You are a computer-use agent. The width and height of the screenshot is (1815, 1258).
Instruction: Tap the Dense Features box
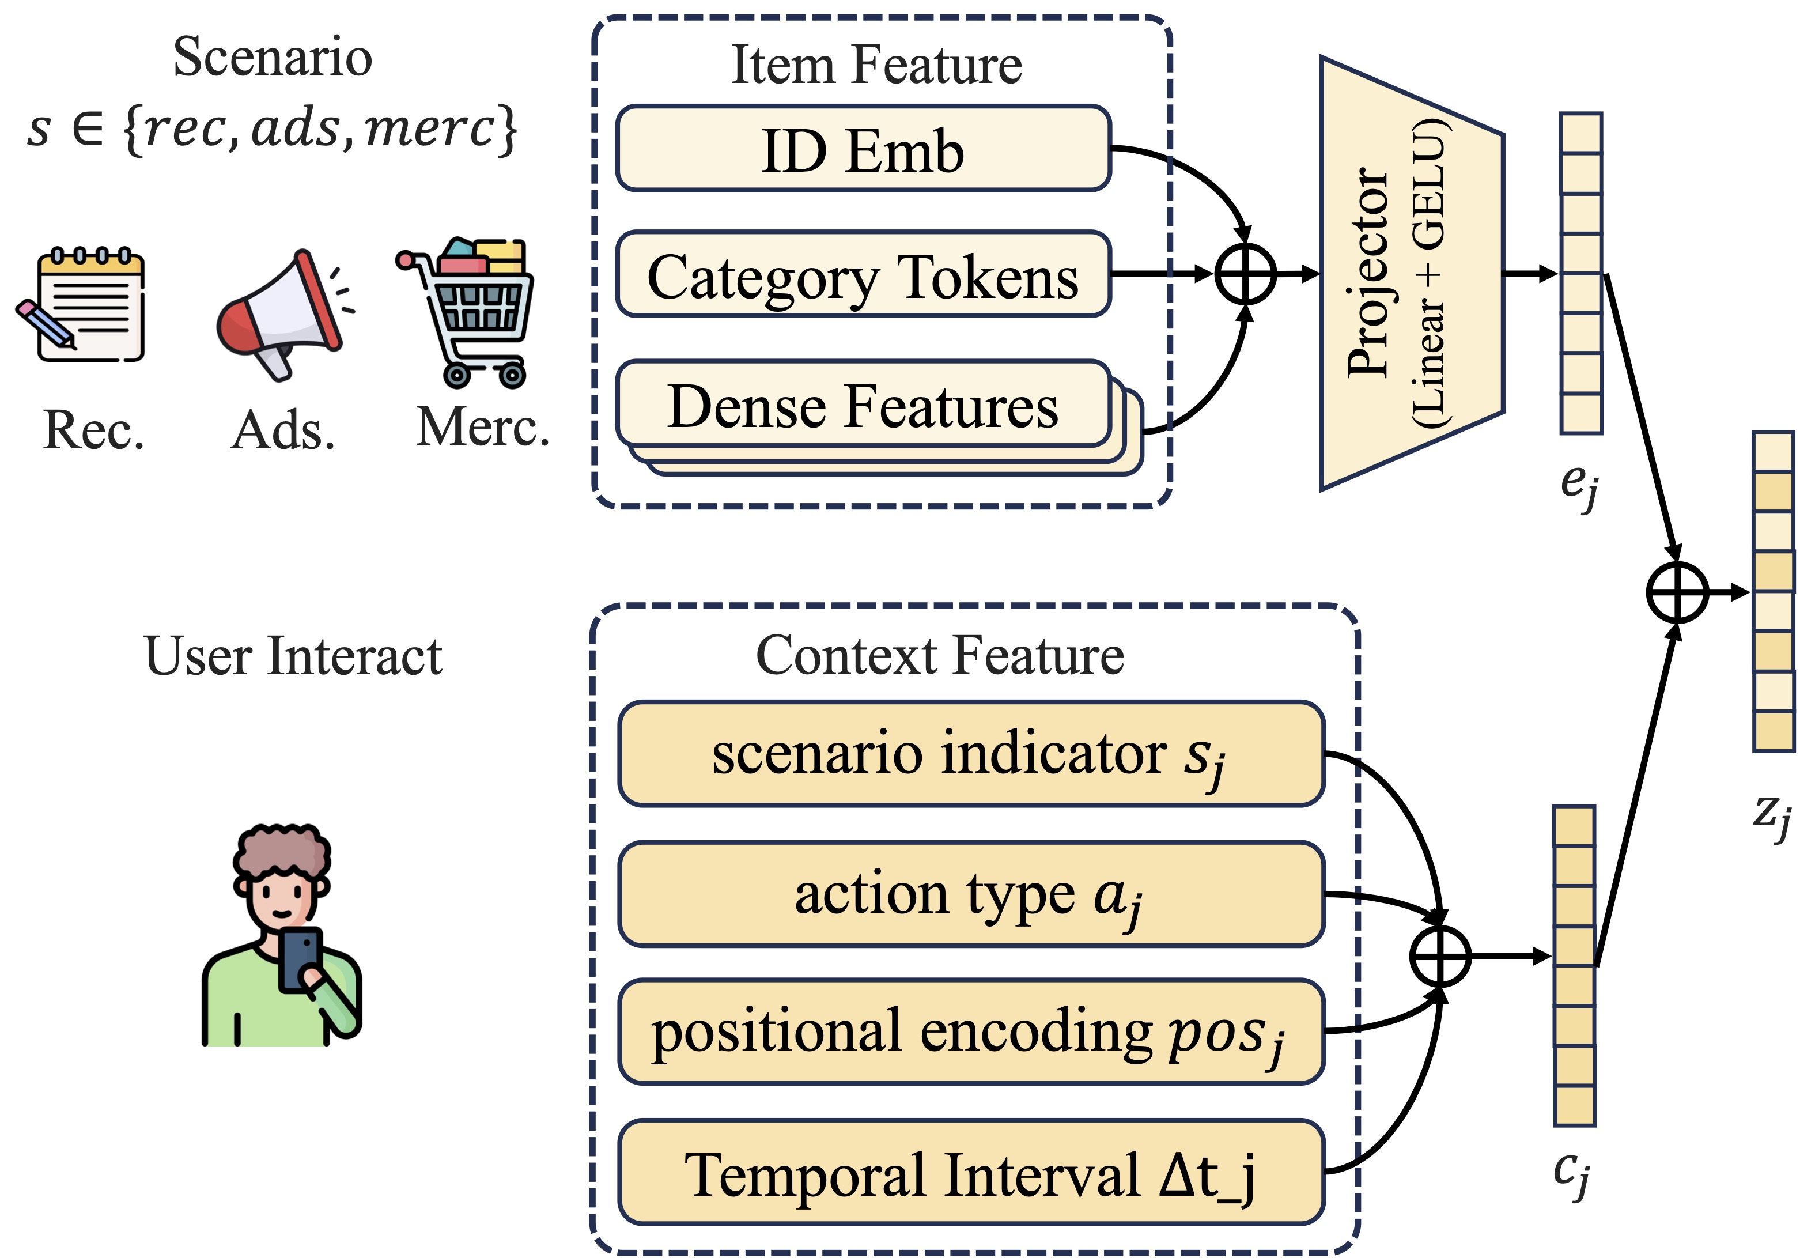click(863, 405)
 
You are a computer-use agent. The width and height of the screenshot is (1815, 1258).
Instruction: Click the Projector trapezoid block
click(1411, 274)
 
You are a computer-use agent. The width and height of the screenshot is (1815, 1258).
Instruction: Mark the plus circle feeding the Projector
click(1245, 274)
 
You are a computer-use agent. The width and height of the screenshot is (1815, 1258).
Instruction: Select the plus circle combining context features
click(1439, 956)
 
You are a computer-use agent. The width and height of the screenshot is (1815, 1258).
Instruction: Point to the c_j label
click(1571, 1172)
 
